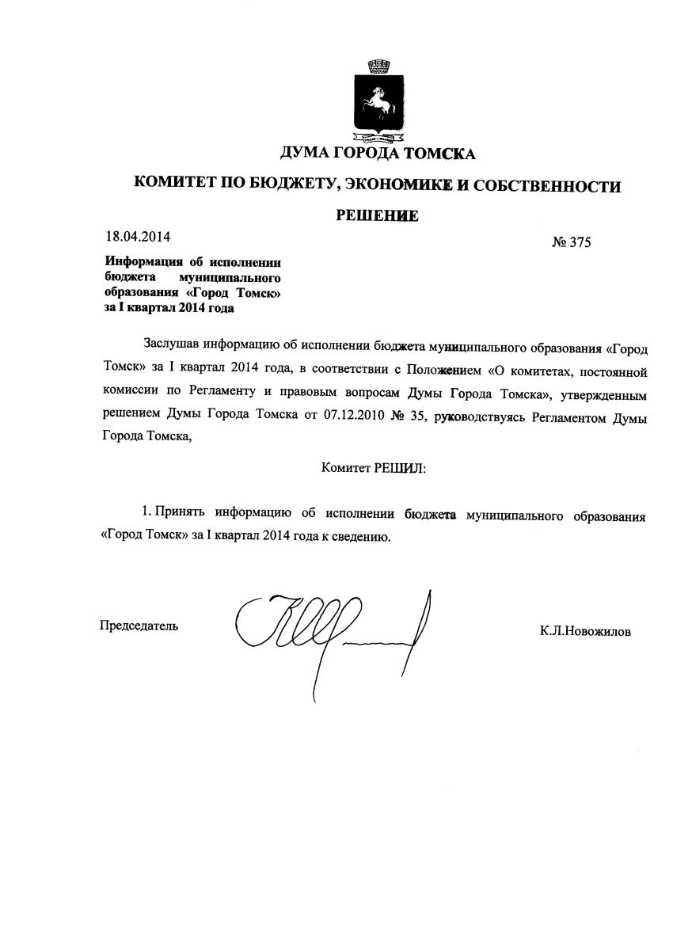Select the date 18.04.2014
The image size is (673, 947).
[138, 236]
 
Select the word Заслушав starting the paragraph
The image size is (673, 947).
[172, 345]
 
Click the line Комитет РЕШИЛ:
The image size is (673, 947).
[374, 468]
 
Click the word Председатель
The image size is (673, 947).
[139, 626]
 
